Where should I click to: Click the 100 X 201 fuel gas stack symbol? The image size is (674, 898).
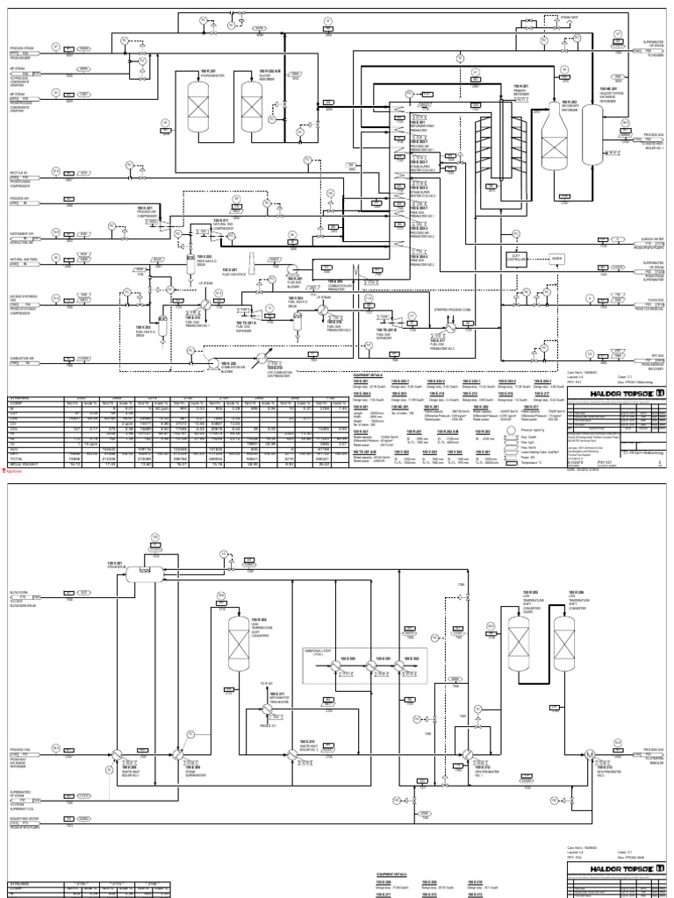click(x=251, y=263)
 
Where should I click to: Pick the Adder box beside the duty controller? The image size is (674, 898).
click(x=556, y=259)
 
